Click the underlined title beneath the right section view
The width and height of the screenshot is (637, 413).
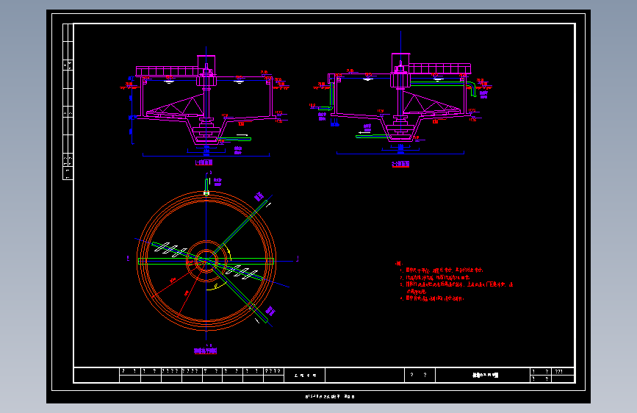tap(400, 164)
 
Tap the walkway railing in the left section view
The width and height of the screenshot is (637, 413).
tap(168, 71)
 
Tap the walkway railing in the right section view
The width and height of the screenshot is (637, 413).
tap(439, 68)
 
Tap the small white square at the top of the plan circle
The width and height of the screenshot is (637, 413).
tap(206, 193)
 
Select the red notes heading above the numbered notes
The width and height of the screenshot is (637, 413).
tap(398, 263)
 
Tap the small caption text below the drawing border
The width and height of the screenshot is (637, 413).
tap(330, 397)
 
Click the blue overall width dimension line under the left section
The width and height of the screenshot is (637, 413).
tap(206, 155)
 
